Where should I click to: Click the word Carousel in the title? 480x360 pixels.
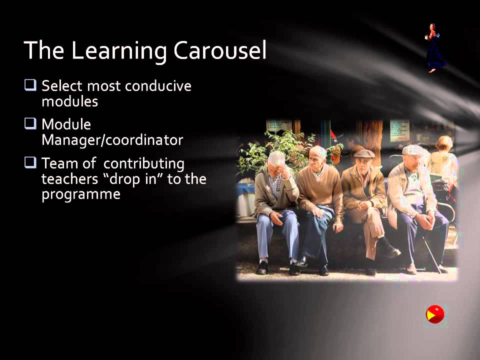coord(220,51)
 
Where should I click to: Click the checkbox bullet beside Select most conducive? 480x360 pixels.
coord(30,85)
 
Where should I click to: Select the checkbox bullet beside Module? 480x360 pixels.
coord(30,123)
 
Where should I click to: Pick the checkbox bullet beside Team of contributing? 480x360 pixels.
coord(30,162)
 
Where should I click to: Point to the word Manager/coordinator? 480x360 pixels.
coord(112,140)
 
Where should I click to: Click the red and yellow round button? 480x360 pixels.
coord(435,314)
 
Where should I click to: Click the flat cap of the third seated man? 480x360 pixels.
coord(364,153)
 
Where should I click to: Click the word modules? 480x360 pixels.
coord(69,101)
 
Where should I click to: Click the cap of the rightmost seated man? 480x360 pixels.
coord(412,149)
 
